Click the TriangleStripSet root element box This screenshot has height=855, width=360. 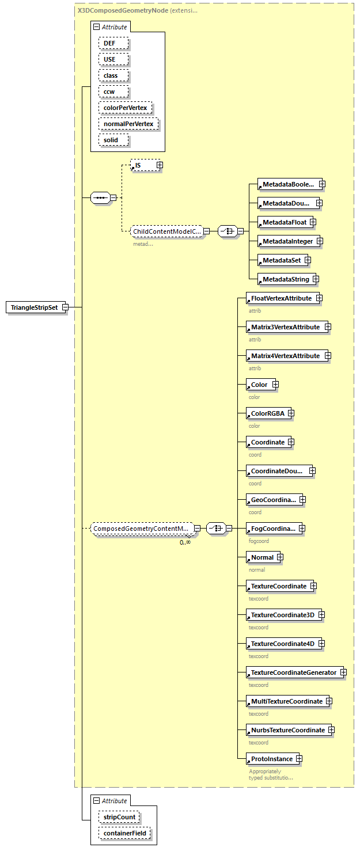[x=34, y=307]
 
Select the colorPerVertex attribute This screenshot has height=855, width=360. [x=125, y=108]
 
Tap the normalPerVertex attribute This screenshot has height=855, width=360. [x=128, y=124]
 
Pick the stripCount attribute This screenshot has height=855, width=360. [x=119, y=816]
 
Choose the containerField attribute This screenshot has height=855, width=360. [x=125, y=833]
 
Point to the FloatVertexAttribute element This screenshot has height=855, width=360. [x=281, y=298]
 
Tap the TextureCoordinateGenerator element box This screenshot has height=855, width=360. [x=293, y=672]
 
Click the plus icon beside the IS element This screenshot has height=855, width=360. [x=160, y=165]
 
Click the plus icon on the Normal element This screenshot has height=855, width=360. [x=280, y=557]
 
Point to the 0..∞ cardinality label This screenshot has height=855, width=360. [x=185, y=542]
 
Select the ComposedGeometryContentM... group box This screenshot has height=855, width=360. [x=141, y=529]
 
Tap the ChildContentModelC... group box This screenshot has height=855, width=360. [x=166, y=232]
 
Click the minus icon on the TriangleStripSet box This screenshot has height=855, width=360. [x=65, y=307]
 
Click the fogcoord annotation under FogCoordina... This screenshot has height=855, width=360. [x=259, y=541]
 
